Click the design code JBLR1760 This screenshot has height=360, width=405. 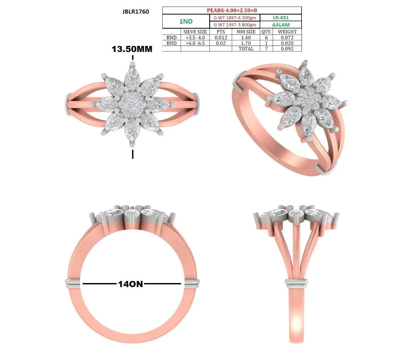(135, 12)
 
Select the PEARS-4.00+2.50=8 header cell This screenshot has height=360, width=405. (232, 10)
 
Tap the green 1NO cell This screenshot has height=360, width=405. (186, 21)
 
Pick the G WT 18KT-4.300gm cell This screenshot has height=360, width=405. (235, 18)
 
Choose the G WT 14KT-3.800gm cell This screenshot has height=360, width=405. (235, 25)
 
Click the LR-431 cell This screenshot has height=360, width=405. (281, 18)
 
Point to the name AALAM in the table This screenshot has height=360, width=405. (281, 25)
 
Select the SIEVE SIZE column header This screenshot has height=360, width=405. (195, 32)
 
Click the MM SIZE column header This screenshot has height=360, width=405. (246, 32)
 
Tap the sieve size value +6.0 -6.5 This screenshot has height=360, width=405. (195, 43)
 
